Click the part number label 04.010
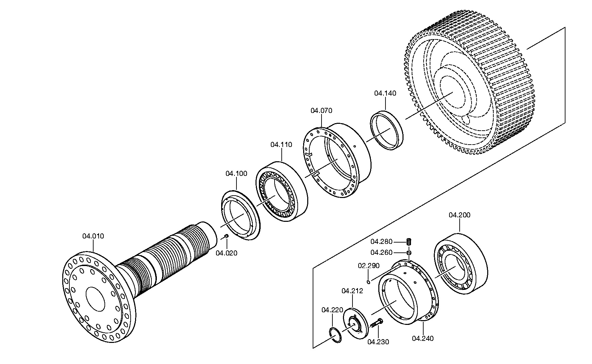[93, 236]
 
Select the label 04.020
[227, 253]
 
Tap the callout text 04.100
[236, 174]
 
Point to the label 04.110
[281, 145]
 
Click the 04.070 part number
[321, 111]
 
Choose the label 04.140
[385, 93]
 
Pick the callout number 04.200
[459, 215]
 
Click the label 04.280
[381, 242]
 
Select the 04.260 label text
[381, 252]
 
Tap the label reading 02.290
[368, 266]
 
